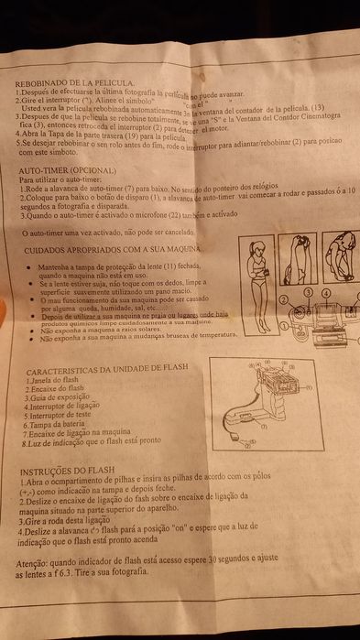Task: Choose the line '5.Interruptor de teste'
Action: tap(62, 415)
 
